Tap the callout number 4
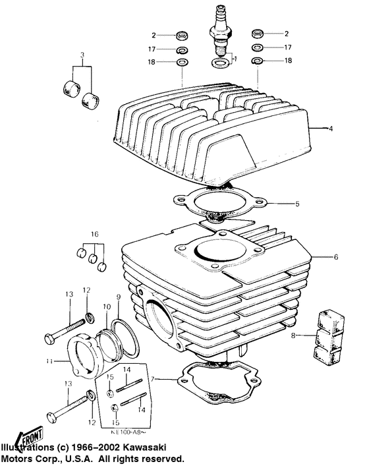[x=331, y=129]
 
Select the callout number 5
[x=297, y=204]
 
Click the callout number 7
[x=153, y=380]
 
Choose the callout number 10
[x=105, y=307]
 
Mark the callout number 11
[x=50, y=361]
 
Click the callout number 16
[x=95, y=234]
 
